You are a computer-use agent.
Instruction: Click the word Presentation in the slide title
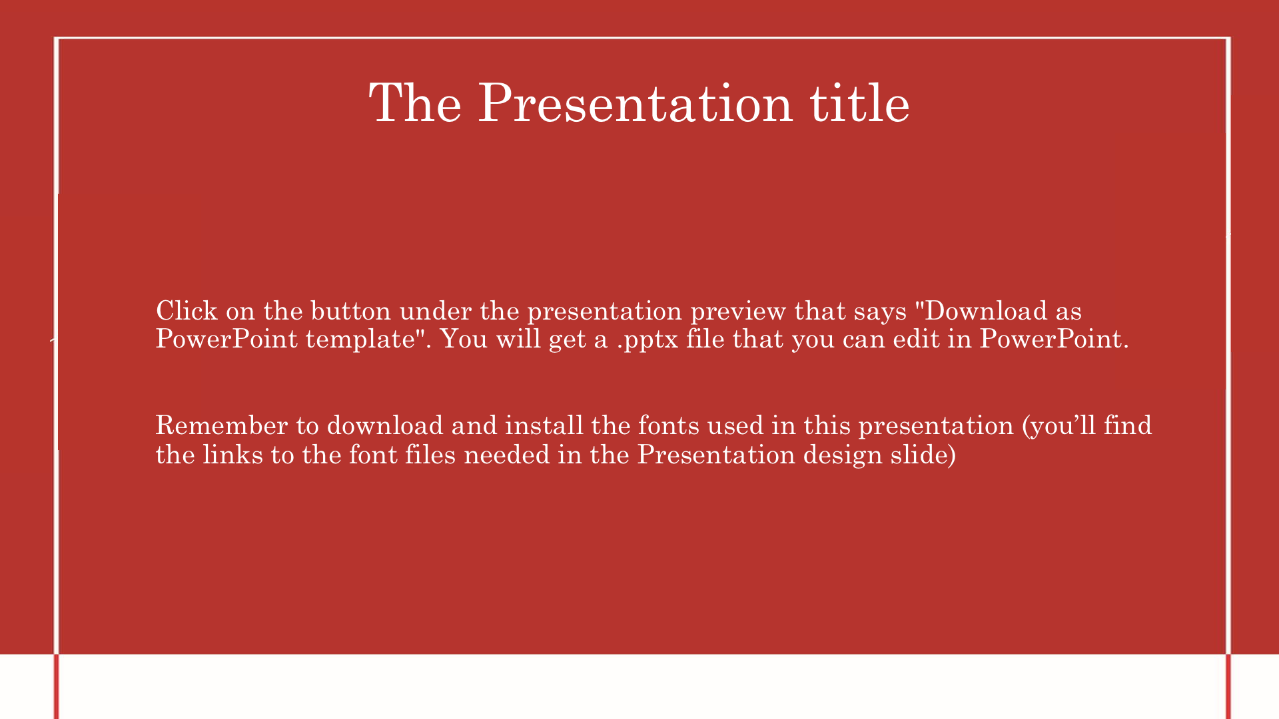click(x=636, y=103)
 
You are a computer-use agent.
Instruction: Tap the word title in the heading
click(x=860, y=103)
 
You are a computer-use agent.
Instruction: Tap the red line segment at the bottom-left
click(x=57, y=686)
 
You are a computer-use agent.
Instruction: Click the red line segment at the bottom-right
click(x=1228, y=686)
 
